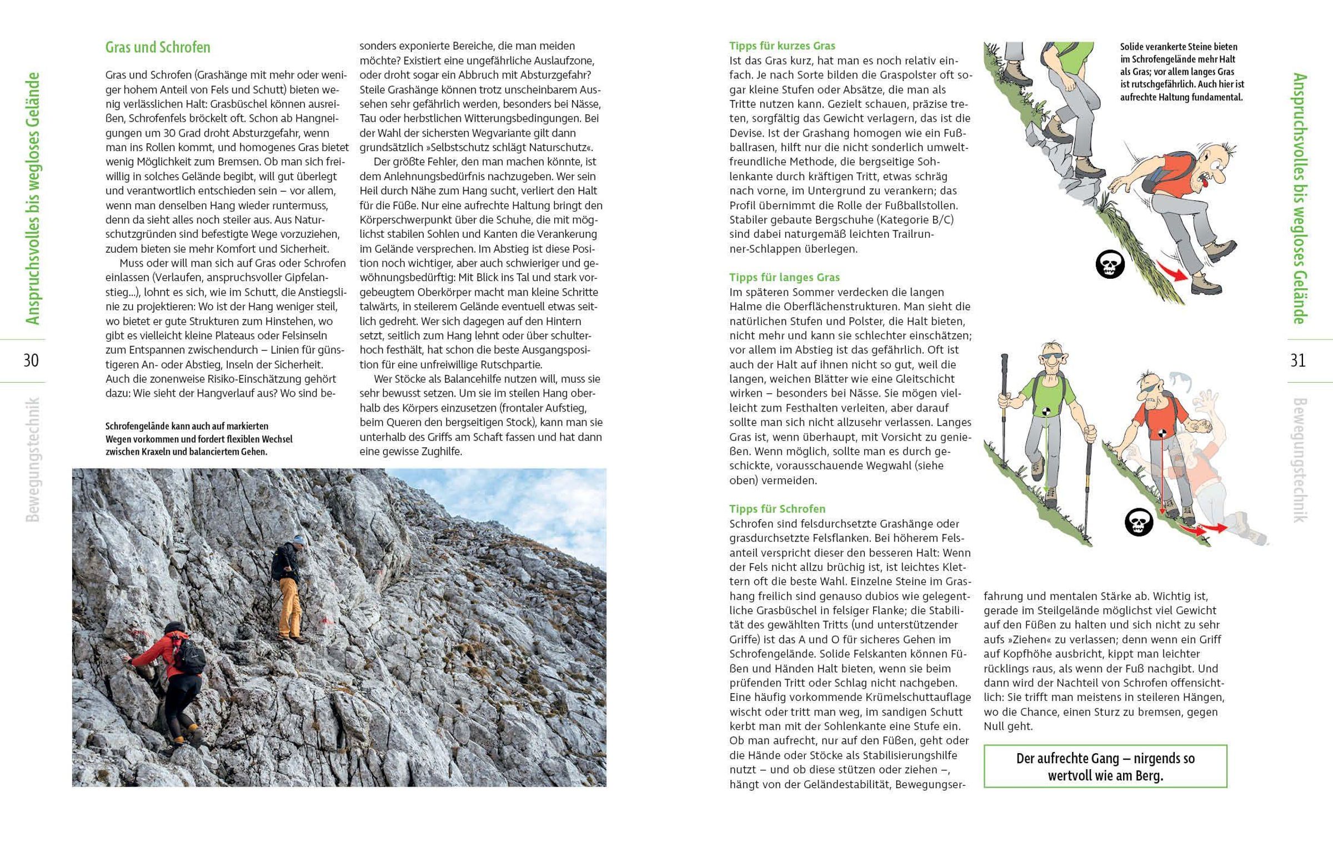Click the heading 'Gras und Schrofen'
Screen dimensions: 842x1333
pos(158,48)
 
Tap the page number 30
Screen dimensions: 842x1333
pos(31,360)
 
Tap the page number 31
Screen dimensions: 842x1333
pos(1298,360)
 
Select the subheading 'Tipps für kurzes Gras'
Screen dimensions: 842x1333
pos(782,46)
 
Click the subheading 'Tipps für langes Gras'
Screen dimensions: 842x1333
pos(784,277)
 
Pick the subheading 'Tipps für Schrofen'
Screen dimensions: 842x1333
pos(777,509)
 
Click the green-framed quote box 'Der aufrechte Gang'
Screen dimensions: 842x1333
pos(1105,766)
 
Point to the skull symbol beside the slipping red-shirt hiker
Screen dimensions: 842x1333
pos(1110,265)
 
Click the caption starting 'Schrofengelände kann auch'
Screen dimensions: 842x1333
pos(199,439)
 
